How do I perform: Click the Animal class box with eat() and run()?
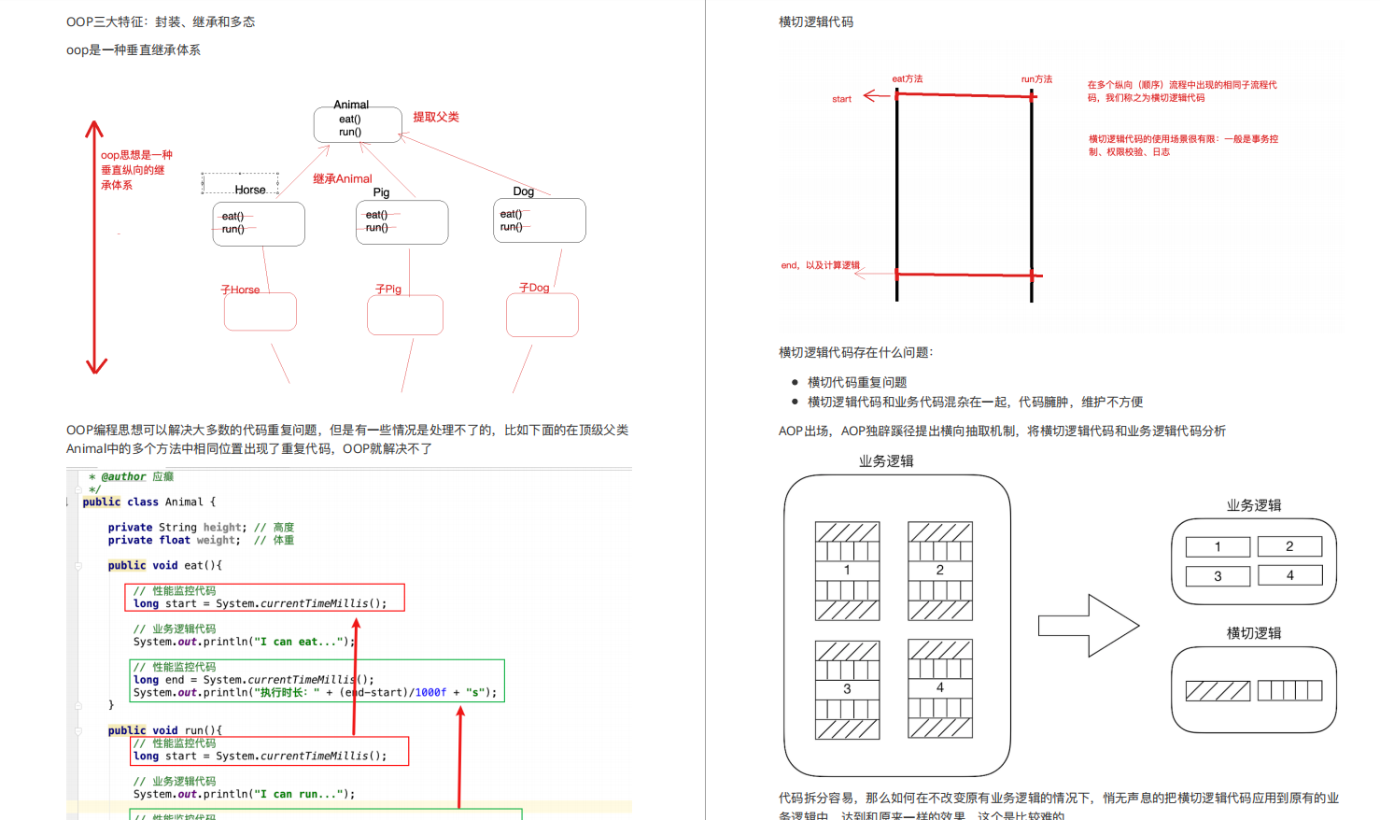pos(358,125)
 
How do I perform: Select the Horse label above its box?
pos(250,190)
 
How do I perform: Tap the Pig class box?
pos(401,222)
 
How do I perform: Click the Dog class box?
pos(539,220)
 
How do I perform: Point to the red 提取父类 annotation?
pos(436,117)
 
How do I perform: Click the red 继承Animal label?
pos(342,178)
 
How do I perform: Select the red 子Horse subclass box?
pos(260,312)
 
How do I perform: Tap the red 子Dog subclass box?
pos(542,316)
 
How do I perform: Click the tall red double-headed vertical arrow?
pos(95,247)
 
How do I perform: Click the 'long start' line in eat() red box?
pos(260,603)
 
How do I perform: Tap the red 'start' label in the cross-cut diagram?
pos(841,99)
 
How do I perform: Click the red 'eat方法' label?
pos(907,78)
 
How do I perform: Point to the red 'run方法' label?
pos(1036,79)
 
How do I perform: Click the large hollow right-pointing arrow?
pos(1089,625)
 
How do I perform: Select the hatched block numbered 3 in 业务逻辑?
pos(847,689)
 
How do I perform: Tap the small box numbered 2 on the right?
pos(1289,546)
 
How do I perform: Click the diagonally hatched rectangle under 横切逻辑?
pos(1218,691)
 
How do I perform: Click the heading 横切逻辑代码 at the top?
pos(816,21)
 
